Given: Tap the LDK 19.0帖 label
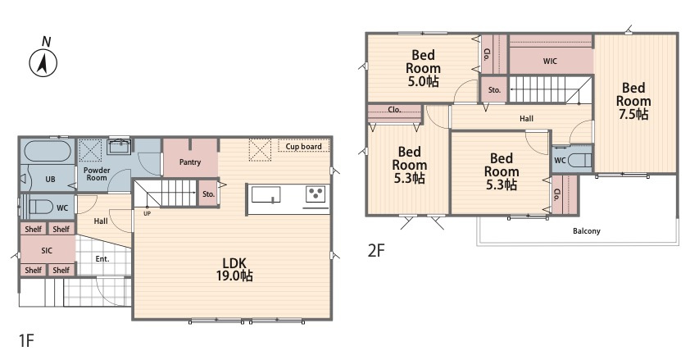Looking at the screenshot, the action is click(234, 269).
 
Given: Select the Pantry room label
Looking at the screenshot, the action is click(190, 162).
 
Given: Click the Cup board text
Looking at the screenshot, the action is click(304, 147).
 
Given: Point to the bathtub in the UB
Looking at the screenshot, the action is click(47, 152).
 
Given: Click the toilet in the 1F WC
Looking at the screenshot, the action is click(40, 207).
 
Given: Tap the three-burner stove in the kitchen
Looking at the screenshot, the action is click(315, 194).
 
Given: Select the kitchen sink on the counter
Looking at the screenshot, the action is click(266, 194).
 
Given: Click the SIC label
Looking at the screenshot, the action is click(47, 250).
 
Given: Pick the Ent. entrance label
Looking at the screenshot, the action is click(102, 259).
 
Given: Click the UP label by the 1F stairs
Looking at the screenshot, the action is click(147, 213).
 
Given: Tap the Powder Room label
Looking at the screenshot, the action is click(97, 174).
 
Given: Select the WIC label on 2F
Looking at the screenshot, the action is click(550, 62).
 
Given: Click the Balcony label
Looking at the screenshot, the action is click(587, 230).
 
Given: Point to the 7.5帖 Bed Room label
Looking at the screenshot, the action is click(633, 101).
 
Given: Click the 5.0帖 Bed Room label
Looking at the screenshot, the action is click(423, 68).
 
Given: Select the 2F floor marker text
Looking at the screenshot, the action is click(376, 250).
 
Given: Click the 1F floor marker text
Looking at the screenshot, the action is click(26, 340).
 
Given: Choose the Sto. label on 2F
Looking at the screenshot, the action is click(494, 89).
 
